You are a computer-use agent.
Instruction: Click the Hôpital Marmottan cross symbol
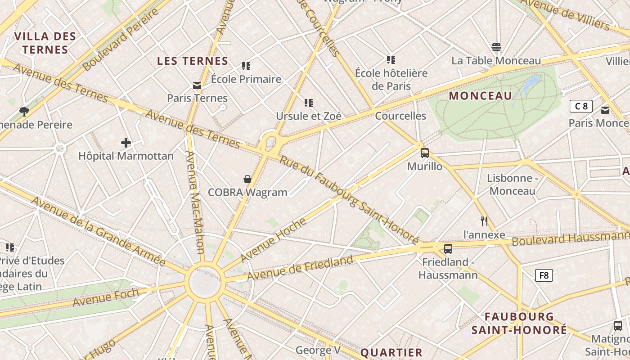pos(126,143)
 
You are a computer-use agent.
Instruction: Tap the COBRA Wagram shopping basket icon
pos(247,179)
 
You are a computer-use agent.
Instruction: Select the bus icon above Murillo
pos(424,153)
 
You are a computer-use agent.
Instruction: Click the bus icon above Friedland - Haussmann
pos(448,249)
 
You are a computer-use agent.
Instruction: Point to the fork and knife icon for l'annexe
pos(484,221)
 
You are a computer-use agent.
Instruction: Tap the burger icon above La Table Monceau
pos(496,47)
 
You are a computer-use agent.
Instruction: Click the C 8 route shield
pos(580,106)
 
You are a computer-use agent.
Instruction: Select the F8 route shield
pos(544,275)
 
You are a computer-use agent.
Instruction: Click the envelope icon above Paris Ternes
pos(197,85)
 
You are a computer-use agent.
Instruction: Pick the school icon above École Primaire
pos(246,66)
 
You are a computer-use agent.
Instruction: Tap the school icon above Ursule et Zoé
pos(308,103)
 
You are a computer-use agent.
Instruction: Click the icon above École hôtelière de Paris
pos(391,59)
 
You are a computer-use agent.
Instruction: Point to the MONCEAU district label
pos(481,95)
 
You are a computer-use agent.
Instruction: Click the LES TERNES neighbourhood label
pos(193,61)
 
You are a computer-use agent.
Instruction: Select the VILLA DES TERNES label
pos(45,43)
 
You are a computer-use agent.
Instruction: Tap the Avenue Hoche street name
pos(273,239)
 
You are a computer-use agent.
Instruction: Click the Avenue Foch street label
pos(106,297)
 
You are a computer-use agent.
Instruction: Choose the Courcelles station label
pos(400,116)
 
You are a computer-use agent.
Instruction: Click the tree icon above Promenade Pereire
pos(24,111)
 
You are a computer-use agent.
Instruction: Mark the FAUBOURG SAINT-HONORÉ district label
pos(519,323)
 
